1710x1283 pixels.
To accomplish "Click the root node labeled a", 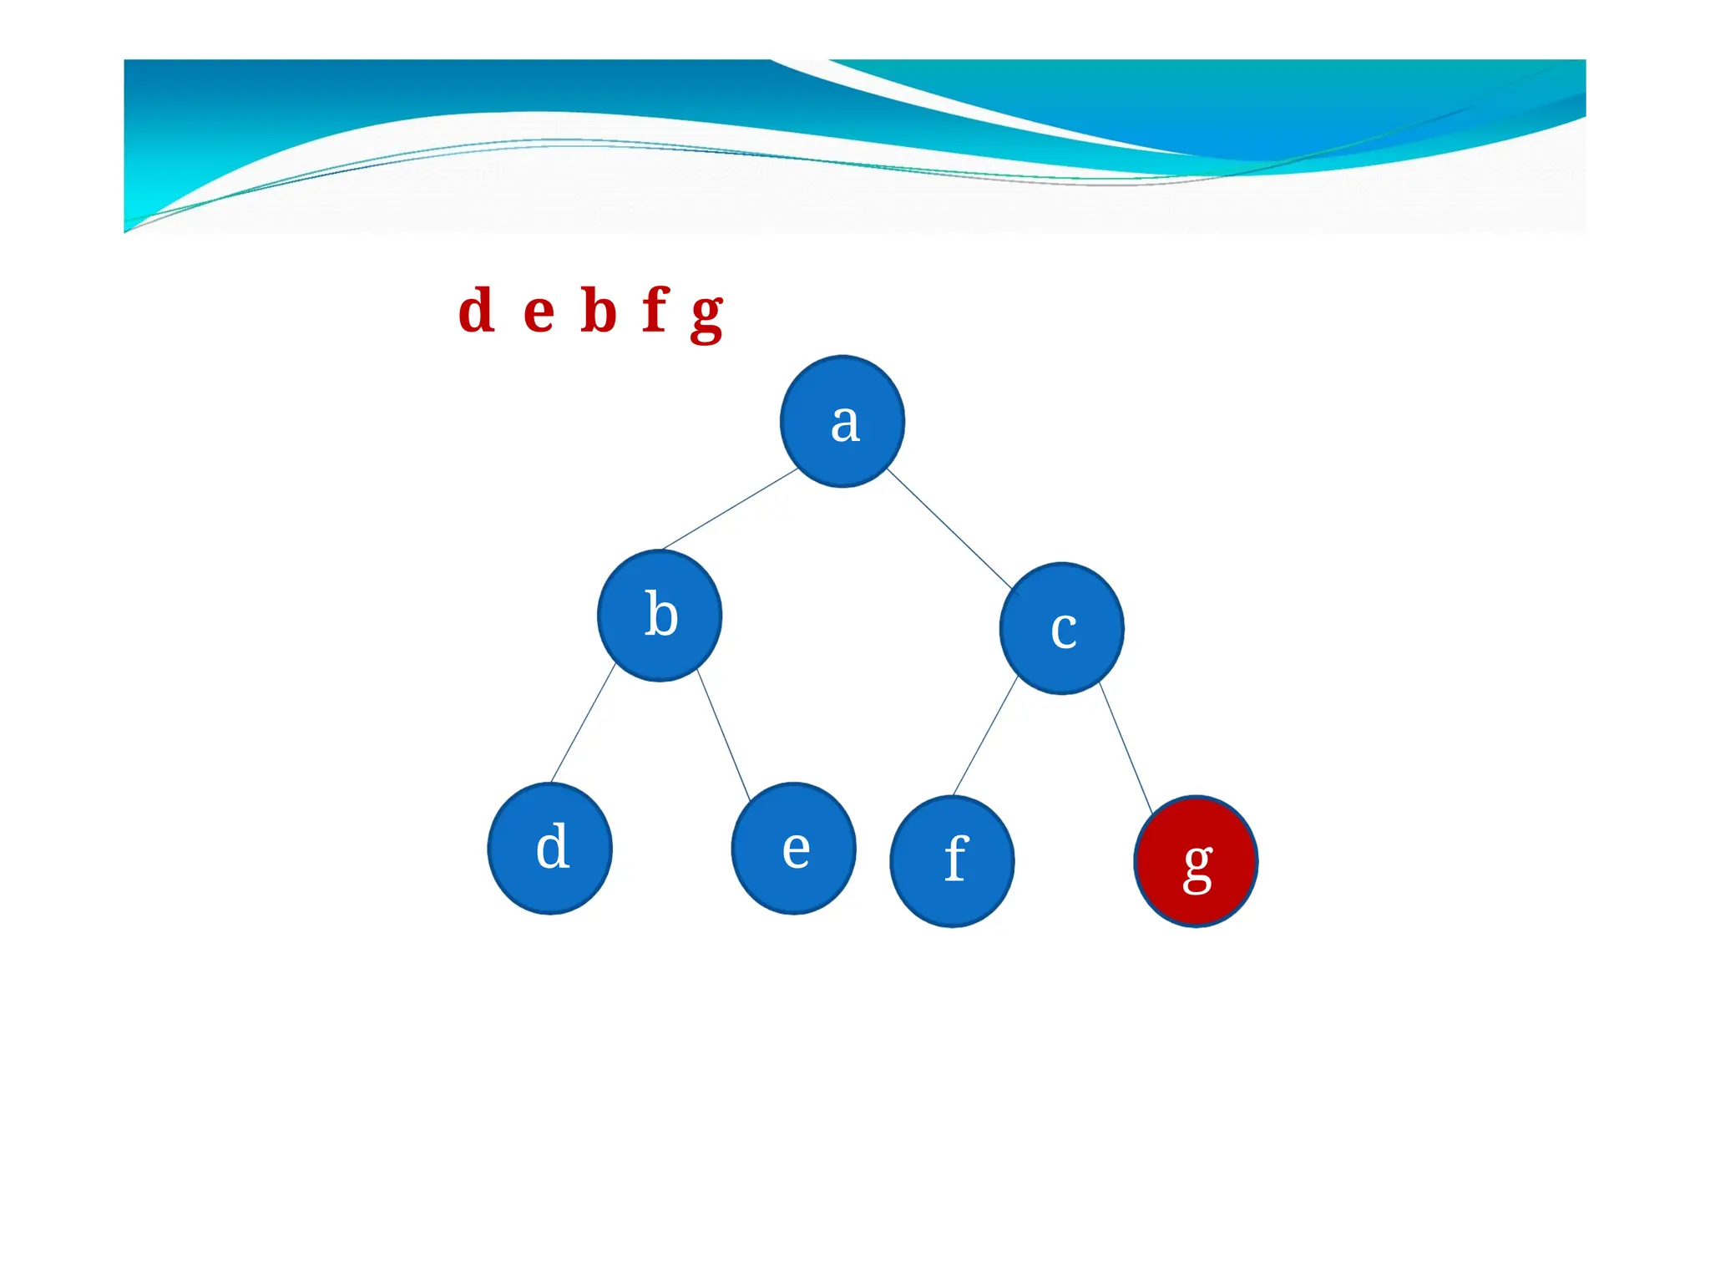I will point(842,421).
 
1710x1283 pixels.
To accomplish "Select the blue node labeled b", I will point(660,616).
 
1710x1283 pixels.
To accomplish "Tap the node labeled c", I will point(1061,628).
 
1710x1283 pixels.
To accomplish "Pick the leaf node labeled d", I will point(550,849).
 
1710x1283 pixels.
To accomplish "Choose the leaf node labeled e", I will point(793,849).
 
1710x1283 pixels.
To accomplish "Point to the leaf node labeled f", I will point(953,861).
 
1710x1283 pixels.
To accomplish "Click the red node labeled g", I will point(1196,861).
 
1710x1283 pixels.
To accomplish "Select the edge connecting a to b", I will point(730,509).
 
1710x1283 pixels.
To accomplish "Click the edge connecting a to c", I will point(949,528).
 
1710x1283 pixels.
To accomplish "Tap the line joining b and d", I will point(583,723).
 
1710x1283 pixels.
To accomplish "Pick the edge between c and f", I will point(985,735).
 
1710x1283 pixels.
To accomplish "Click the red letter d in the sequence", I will point(477,311).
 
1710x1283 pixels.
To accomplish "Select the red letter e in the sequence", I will point(539,313).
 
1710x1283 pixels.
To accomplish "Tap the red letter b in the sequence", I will point(599,311).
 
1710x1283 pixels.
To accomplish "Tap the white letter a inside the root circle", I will point(845,423).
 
